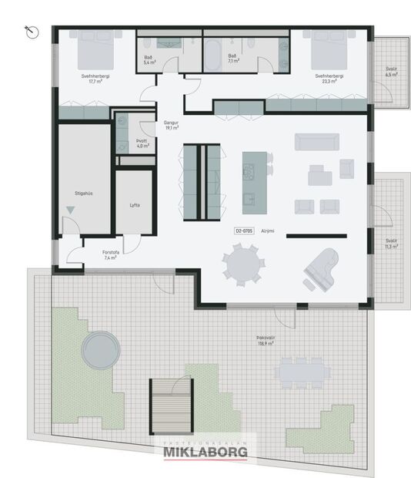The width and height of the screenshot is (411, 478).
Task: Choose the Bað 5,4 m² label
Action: [149, 59]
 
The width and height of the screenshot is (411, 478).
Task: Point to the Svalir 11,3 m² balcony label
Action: [391, 244]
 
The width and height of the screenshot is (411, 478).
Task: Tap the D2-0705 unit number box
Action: [245, 231]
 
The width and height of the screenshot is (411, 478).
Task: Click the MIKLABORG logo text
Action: [205, 453]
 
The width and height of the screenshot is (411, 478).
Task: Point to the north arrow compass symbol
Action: [31, 31]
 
